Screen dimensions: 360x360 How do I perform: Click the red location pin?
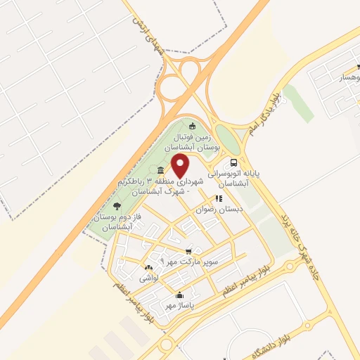(181, 166)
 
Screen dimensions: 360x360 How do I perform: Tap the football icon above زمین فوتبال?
(193, 126)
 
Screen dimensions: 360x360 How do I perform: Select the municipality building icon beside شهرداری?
(161, 171)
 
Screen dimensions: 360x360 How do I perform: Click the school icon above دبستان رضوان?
(219, 199)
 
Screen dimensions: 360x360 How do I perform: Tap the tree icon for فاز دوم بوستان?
(117, 206)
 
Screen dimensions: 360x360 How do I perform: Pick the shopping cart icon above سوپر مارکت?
(188, 251)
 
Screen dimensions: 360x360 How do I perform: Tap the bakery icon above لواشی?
(148, 268)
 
